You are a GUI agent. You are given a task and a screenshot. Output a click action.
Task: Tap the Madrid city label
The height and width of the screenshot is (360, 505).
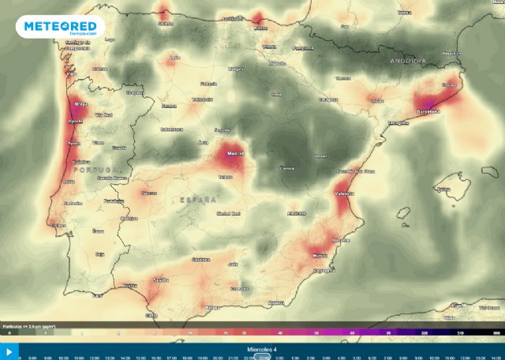[234, 153]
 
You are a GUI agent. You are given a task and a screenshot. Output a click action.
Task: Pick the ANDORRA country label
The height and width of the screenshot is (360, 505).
[407, 60]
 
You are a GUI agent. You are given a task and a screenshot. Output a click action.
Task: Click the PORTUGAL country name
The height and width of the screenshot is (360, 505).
[98, 170]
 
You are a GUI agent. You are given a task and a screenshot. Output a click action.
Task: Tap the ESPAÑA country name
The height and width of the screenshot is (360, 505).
[197, 201]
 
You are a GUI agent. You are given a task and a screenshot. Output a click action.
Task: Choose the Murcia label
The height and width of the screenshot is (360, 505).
[320, 256]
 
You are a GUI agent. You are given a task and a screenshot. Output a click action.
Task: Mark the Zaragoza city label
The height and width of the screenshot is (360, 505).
[328, 99]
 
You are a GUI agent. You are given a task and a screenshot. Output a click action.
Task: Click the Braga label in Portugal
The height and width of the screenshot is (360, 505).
[80, 103]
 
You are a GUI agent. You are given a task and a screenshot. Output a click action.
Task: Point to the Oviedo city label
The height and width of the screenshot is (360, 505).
[166, 23]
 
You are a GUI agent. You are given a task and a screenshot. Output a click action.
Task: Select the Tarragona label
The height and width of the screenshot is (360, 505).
[398, 123]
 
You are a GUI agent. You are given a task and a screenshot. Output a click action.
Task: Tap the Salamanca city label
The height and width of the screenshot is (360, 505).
[171, 129]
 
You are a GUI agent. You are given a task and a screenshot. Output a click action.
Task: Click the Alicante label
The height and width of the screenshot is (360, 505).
[340, 239]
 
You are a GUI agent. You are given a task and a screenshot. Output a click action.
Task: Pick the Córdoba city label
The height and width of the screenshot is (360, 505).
[200, 259]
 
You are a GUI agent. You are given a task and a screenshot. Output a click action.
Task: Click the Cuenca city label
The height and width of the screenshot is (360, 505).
[287, 168]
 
